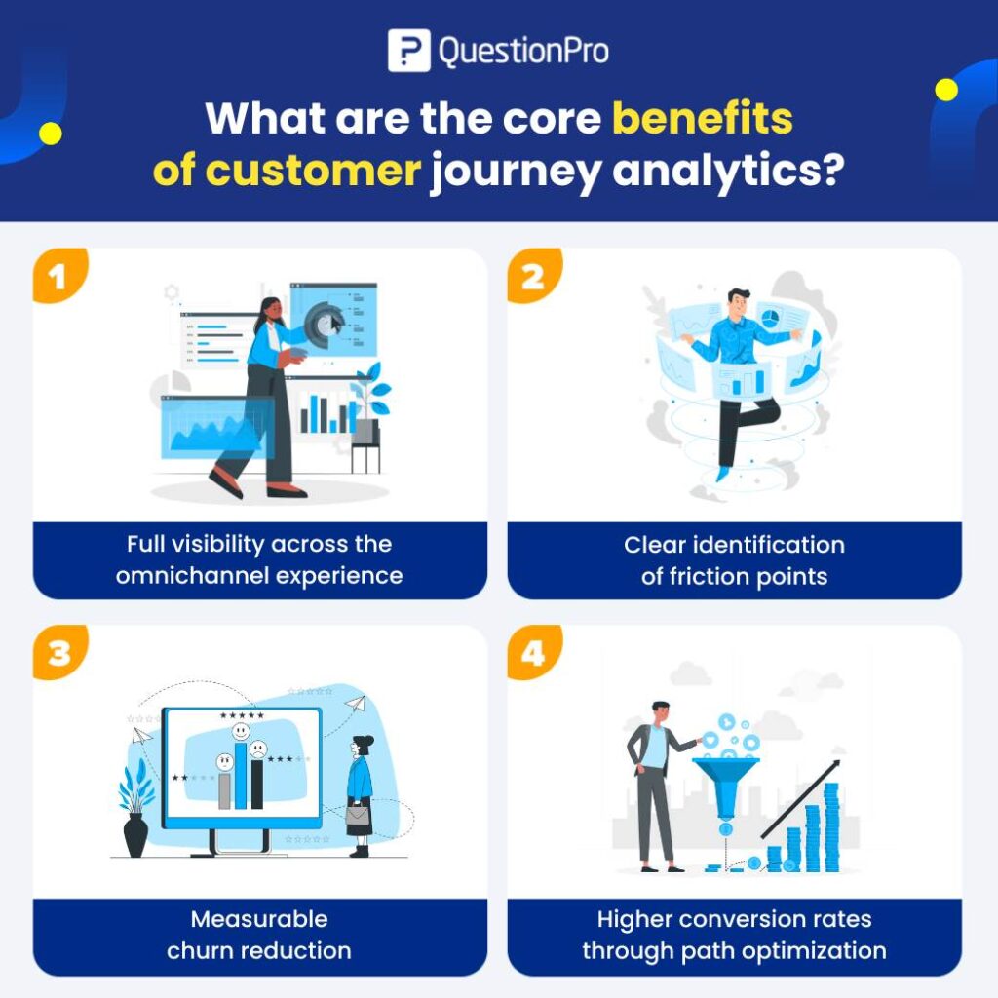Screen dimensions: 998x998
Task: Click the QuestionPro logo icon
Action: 408,51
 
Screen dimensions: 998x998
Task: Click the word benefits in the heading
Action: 702,119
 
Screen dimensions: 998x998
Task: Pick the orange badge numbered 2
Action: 533,276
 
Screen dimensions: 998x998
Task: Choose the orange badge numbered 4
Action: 533,652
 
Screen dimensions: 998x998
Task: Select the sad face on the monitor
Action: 257,749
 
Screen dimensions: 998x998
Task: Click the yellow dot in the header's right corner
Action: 945,91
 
